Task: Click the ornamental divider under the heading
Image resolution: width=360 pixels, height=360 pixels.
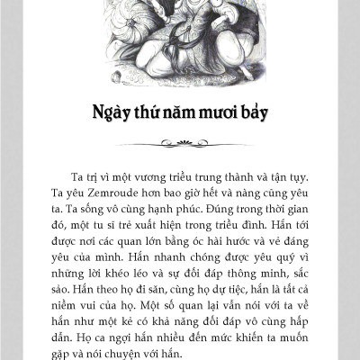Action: click(181, 141)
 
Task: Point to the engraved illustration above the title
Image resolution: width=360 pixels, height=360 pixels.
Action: click(180, 40)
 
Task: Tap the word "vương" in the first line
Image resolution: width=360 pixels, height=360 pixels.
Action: click(146, 175)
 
